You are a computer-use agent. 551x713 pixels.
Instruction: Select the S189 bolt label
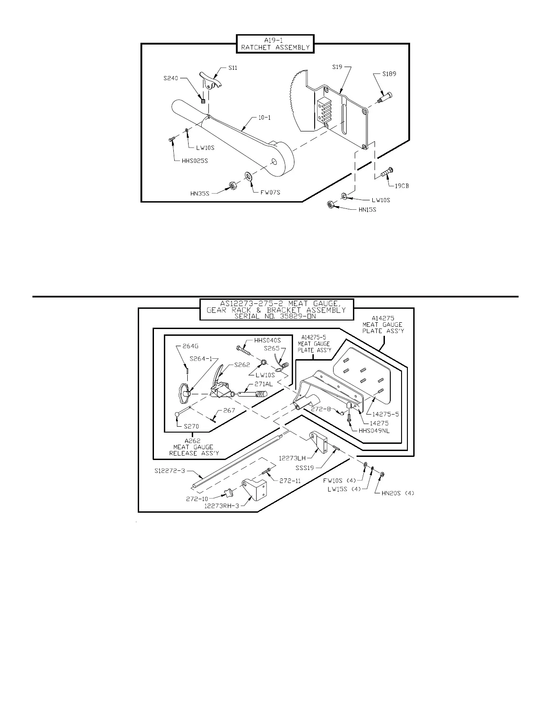[389, 74]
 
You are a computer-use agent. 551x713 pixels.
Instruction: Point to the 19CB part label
[402, 185]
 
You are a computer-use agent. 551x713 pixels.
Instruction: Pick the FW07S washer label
[270, 193]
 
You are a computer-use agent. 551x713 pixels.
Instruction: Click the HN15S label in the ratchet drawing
[367, 210]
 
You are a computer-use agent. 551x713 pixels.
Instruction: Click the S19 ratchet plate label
[338, 67]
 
